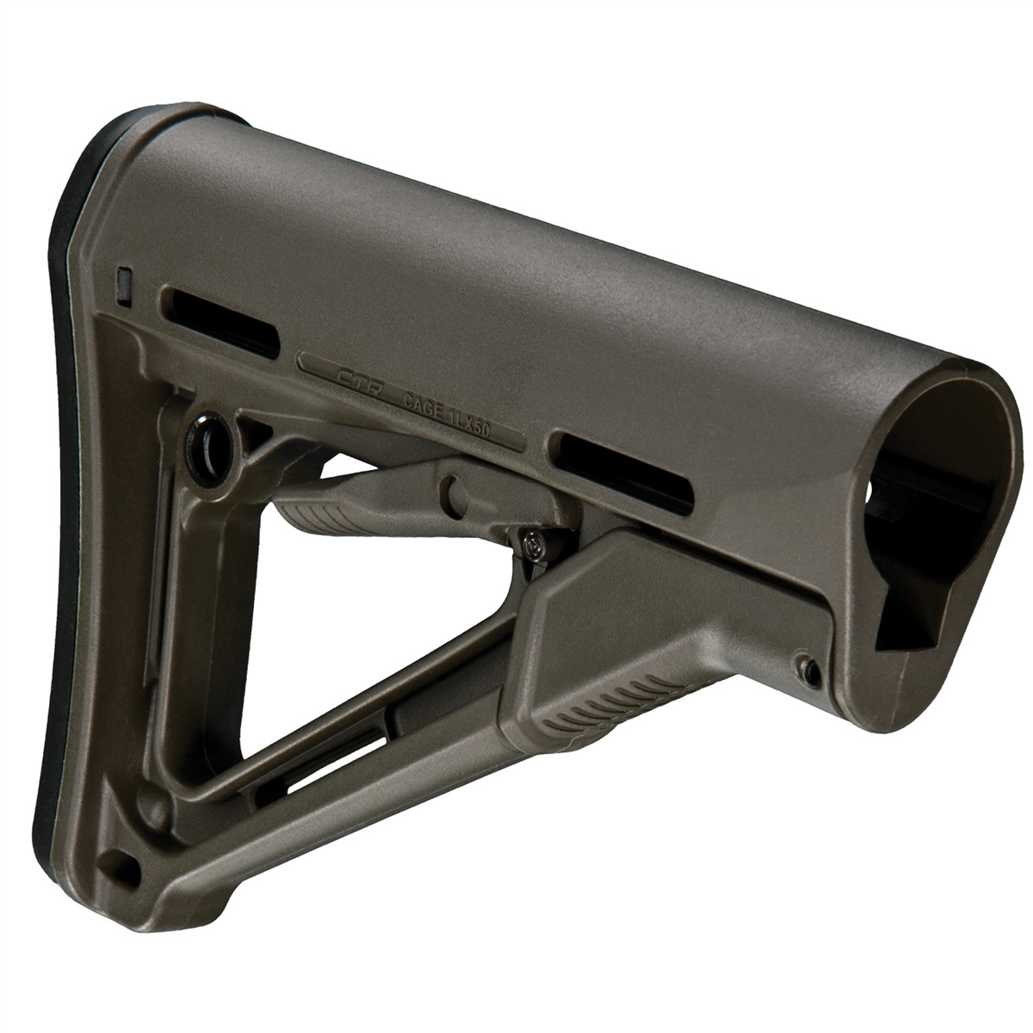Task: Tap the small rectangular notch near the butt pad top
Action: point(124,286)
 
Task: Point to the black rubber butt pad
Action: point(82,551)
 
